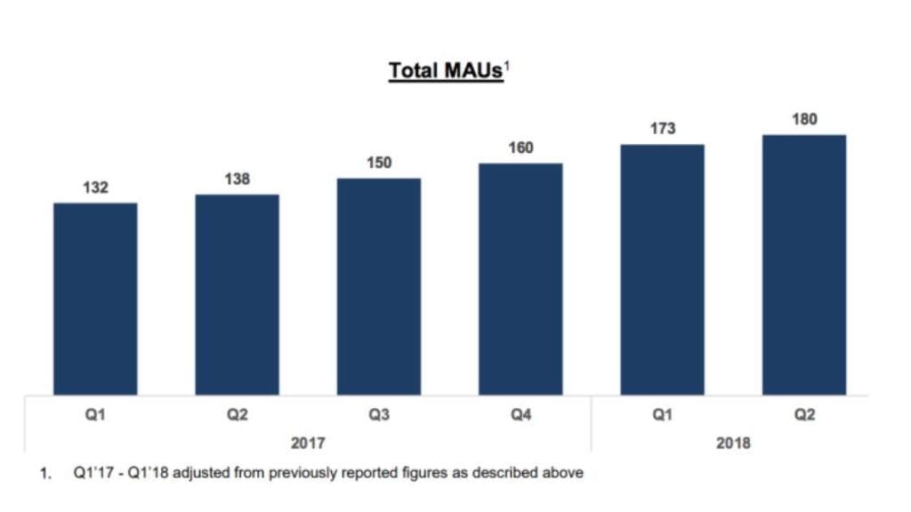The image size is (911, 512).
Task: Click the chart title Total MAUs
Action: pos(446,71)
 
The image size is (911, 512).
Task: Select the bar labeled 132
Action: pos(95,299)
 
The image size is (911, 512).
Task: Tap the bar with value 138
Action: pos(237,295)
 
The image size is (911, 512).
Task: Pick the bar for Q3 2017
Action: pos(379,287)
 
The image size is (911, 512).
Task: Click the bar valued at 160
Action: pos(520,279)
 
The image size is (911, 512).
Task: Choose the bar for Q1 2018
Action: pos(662,270)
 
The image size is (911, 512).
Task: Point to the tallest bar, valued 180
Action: pos(804,265)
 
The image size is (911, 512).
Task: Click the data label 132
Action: pos(95,188)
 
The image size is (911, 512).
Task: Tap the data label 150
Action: pos(379,163)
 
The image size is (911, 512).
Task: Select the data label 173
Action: pos(662,128)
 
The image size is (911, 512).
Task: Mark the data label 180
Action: pos(804,119)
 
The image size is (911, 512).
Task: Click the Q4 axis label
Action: pos(520,414)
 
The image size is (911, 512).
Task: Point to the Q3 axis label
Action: pos(379,414)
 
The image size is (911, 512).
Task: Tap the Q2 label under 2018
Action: pos(804,414)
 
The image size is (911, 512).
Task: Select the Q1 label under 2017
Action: pos(95,414)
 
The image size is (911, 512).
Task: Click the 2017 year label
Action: pos(308,443)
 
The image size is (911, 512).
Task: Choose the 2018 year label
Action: pos(733,443)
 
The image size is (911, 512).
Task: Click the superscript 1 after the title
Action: pos(506,66)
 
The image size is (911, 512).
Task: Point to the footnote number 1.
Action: pos(44,474)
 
